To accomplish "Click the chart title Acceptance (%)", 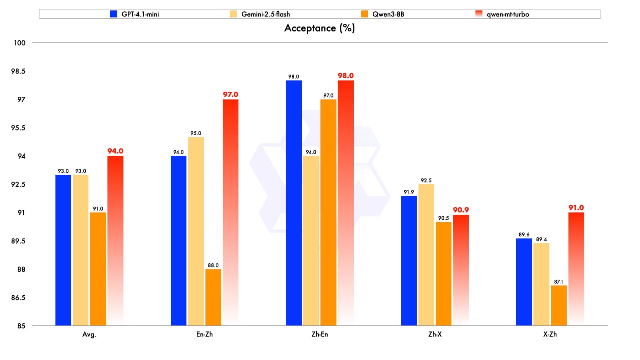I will [319, 28].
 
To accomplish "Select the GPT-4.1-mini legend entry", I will [135, 14].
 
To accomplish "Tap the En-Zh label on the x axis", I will [204, 334].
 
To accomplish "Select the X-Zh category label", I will [550, 334].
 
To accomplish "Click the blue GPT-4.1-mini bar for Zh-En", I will [294, 203].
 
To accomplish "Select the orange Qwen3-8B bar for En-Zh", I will [213, 297].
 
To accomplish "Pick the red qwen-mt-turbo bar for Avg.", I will [115, 240].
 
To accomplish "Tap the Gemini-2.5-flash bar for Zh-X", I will [426, 255].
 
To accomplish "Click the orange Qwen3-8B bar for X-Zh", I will [559, 305].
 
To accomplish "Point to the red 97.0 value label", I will [230, 94].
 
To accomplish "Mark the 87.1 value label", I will [559, 281].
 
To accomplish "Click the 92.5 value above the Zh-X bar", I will [426, 179].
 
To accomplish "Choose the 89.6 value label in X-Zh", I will [524, 234].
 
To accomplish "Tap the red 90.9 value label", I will [461, 210].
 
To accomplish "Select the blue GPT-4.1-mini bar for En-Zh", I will [178, 240].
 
